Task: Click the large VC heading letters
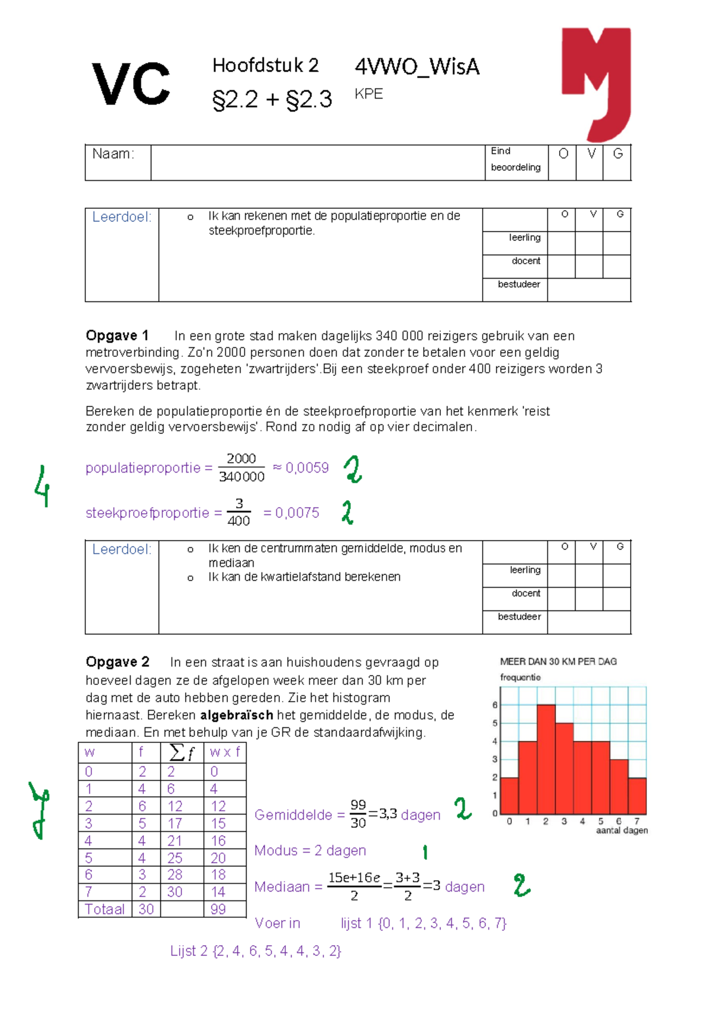coord(131,85)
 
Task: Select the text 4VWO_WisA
coord(417,67)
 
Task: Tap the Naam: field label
coord(113,154)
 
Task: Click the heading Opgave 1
coord(117,335)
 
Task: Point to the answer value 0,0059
coord(307,468)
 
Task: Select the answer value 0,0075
coord(297,513)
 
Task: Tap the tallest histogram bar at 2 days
coord(546,759)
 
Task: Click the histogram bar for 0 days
coord(510,796)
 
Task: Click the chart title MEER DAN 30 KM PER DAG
coord(558,662)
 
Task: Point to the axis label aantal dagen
coord(622,831)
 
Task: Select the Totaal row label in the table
coord(105,909)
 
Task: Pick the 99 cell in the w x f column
coord(218,909)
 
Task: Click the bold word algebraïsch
coord(236,715)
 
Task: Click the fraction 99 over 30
coord(358,814)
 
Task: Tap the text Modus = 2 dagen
coord(310,850)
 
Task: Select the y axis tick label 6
coord(495,705)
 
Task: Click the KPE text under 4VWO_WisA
coord(369,94)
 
